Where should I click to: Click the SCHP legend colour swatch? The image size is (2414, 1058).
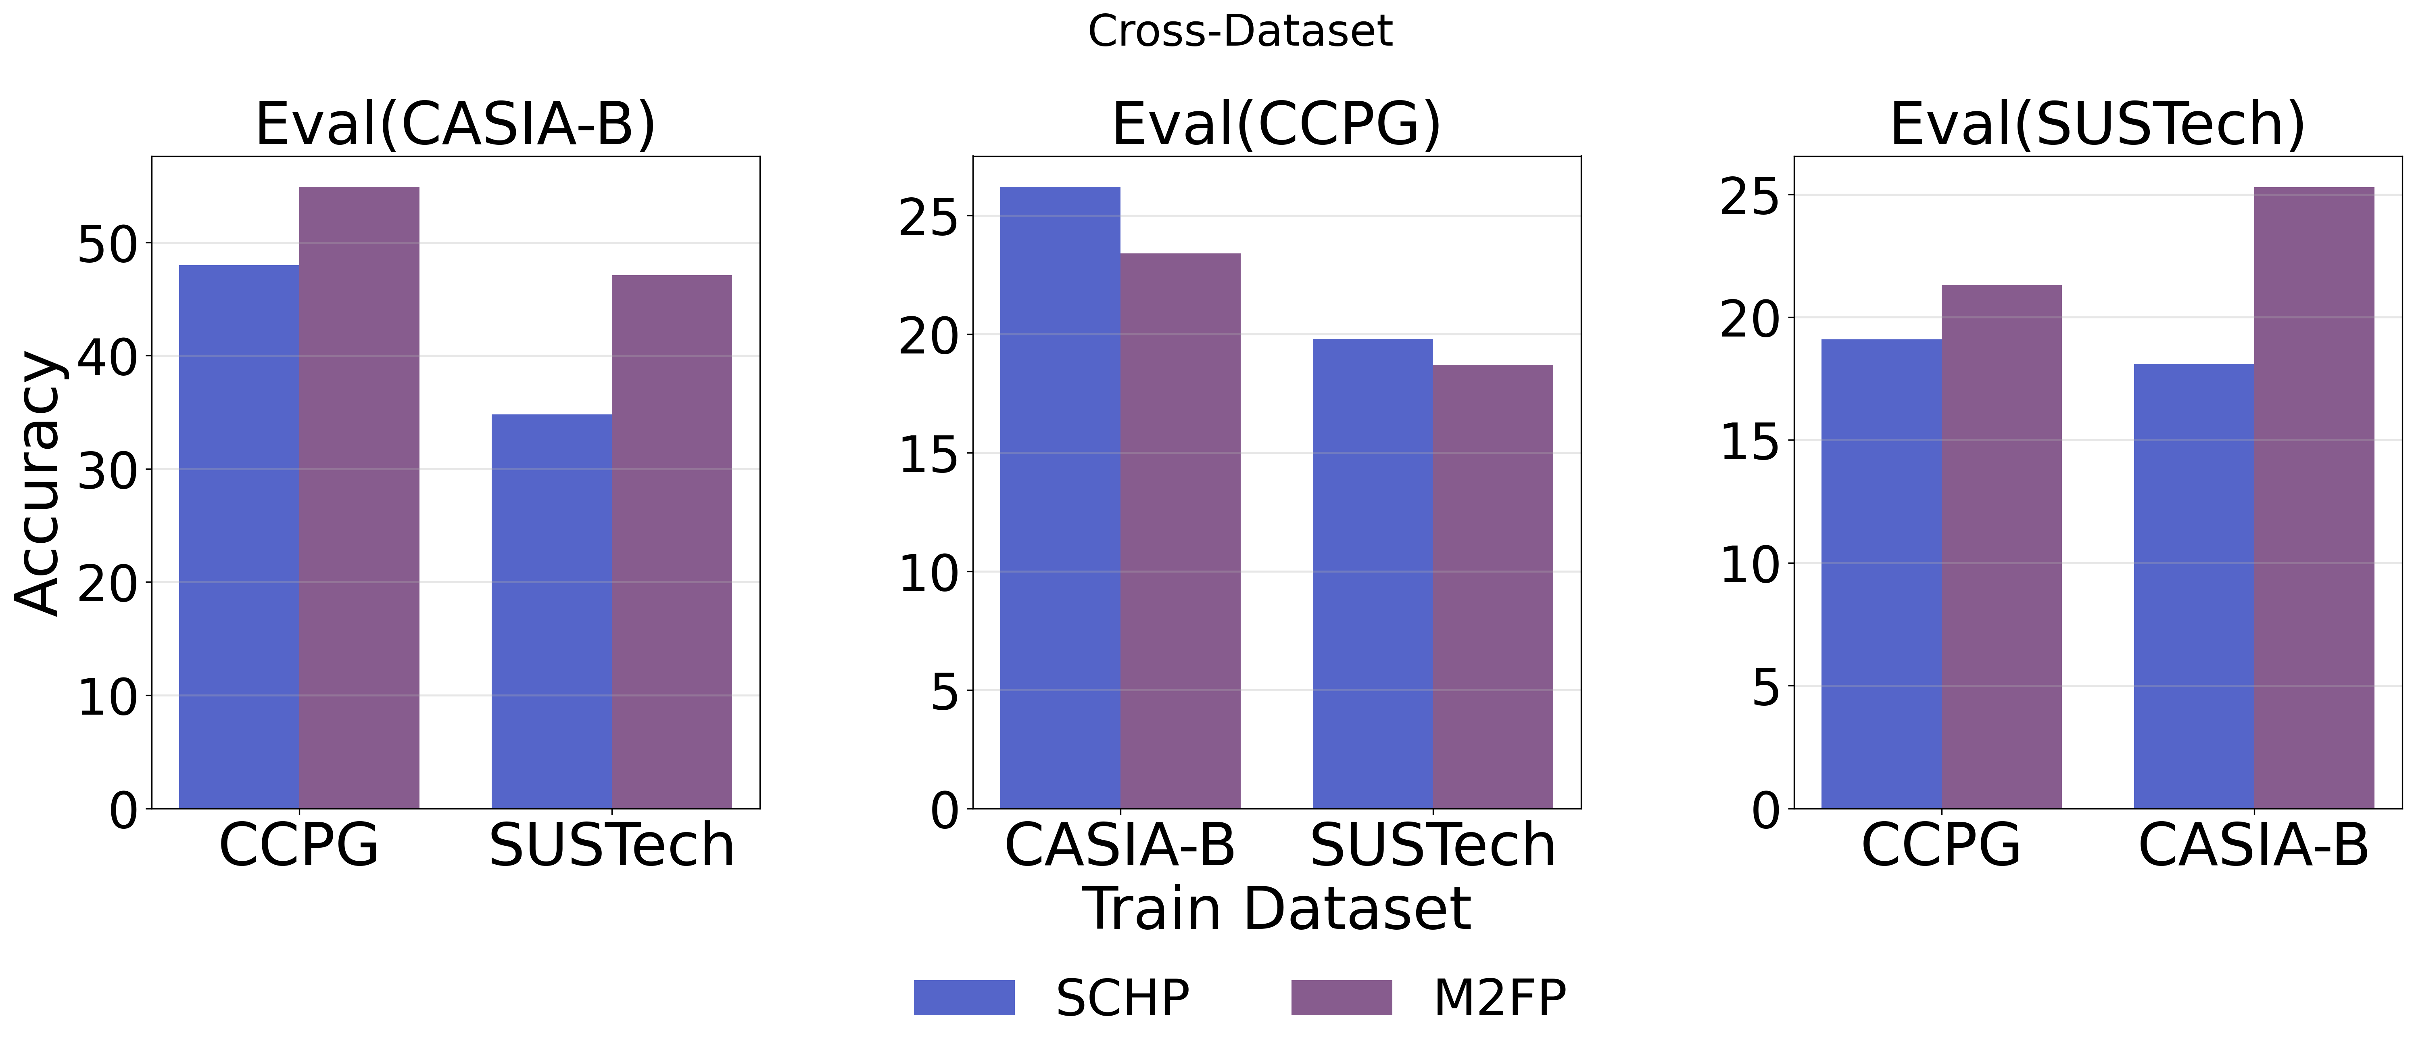click(963, 997)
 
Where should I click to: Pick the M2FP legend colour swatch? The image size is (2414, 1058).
click(1341, 997)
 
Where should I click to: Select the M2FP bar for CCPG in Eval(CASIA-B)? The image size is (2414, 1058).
click(359, 497)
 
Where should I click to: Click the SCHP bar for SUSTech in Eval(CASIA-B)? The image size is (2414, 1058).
click(551, 611)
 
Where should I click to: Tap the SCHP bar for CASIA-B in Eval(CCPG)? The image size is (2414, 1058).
click(1060, 497)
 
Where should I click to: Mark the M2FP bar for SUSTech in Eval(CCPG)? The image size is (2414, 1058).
click(1493, 586)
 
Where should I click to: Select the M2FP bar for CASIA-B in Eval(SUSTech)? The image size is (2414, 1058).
click(2314, 497)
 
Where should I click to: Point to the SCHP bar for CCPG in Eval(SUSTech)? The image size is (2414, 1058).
click(1881, 573)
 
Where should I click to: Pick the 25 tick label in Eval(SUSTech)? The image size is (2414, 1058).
click(1748, 197)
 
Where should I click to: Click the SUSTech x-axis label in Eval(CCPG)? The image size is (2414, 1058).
click(1433, 845)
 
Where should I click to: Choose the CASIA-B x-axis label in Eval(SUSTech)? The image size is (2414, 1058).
click(2254, 845)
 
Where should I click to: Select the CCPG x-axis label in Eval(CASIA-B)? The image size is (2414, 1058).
click(299, 845)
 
